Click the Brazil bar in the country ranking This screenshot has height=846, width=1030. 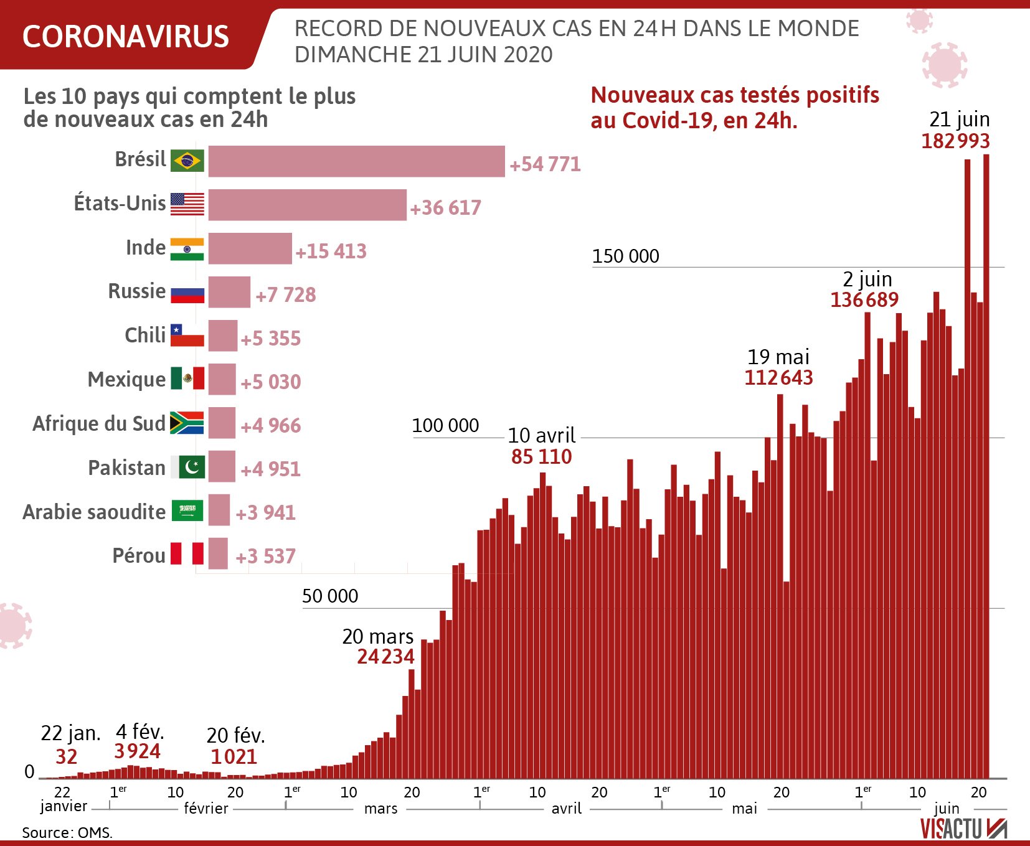356,161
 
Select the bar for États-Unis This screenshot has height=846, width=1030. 307,205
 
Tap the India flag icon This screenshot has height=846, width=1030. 187,248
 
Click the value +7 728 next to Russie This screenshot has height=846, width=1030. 286,294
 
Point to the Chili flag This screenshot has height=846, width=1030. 187,336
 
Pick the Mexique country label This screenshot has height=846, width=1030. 127,379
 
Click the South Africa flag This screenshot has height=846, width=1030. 187,423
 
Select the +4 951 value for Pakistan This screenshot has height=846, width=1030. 270,469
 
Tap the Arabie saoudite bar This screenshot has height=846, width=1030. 219,510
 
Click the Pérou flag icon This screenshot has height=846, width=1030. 187,553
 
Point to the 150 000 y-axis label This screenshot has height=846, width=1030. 625,256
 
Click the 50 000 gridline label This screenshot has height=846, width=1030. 330,596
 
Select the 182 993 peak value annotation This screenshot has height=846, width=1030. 955,141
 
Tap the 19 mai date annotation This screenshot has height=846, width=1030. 778,357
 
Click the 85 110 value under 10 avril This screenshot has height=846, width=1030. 541,456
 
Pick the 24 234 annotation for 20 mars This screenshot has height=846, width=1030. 385,656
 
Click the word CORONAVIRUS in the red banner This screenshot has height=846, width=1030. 126,36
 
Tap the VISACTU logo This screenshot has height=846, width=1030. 963,829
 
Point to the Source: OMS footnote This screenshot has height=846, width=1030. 67,832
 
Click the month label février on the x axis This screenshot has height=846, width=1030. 206,808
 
